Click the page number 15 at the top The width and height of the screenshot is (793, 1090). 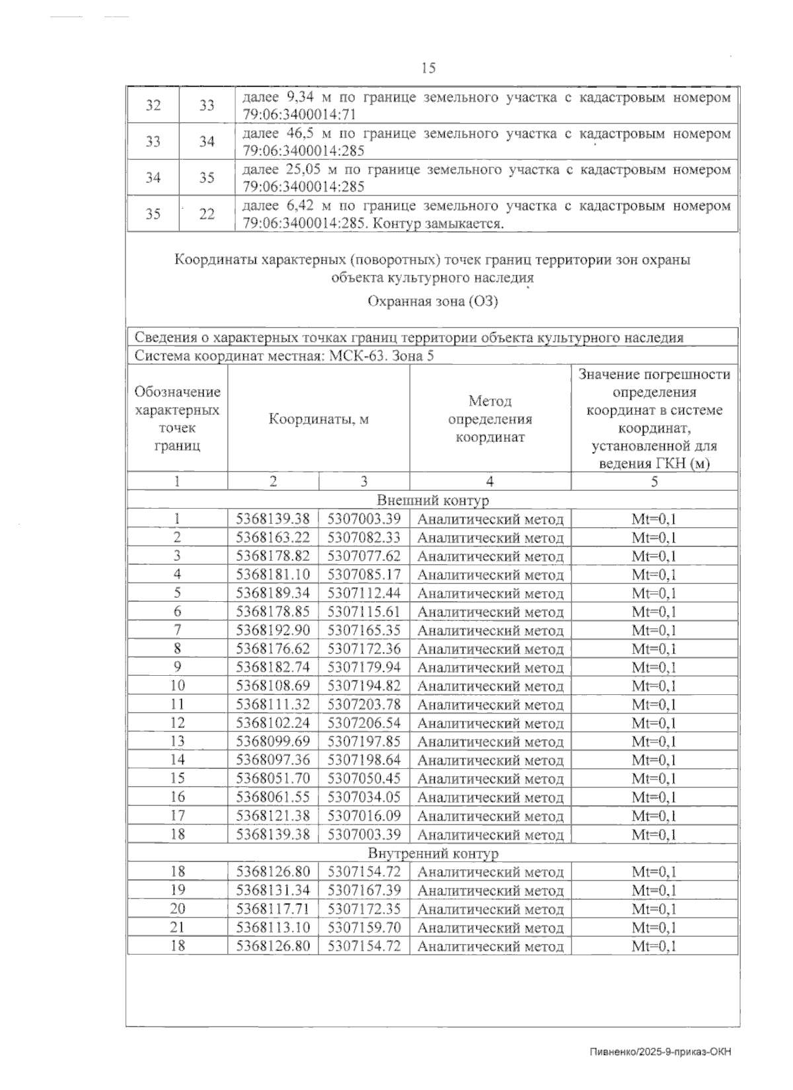click(428, 68)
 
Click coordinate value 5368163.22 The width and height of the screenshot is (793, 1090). click(273, 538)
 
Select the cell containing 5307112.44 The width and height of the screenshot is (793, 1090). click(364, 593)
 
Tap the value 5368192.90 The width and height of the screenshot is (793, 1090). click(273, 630)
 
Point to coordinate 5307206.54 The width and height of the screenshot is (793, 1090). click(364, 723)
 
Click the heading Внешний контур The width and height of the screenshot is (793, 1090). click(433, 500)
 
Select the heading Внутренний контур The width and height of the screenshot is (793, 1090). click(433, 854)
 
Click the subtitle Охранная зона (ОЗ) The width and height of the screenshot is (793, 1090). click(433, 302)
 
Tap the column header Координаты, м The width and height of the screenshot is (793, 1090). click(319, 419)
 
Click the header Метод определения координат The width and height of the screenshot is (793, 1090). click(490, 419)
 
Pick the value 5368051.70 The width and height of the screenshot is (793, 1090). click(273, 778)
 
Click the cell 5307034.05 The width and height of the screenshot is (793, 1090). click(364, 797)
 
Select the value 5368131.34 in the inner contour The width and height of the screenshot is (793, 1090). click(273, 890)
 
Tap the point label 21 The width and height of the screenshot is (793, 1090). click(177, 927)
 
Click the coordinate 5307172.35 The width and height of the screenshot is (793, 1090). click(364, 908)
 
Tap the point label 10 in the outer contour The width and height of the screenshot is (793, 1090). click(177, 686)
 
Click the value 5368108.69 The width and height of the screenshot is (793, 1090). click(273, 686)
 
